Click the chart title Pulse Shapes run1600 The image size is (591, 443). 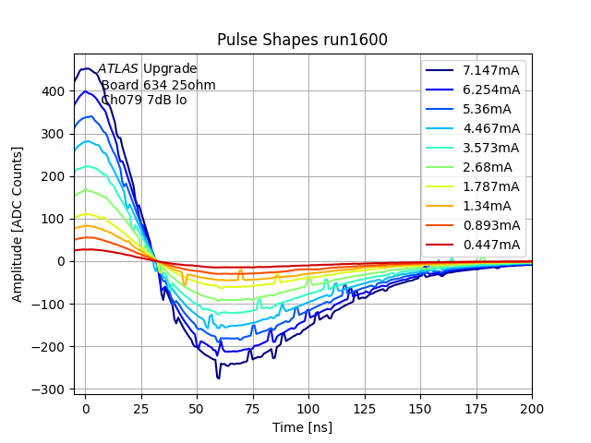point(302,40)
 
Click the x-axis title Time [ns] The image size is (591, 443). point(302,427)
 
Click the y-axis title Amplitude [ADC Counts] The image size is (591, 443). point(18,223)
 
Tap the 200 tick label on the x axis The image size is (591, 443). point(532,408)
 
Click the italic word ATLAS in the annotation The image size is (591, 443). point(118,68)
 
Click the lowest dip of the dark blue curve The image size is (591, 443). point(219,377)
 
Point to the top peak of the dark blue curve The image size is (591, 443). point(87,68)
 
